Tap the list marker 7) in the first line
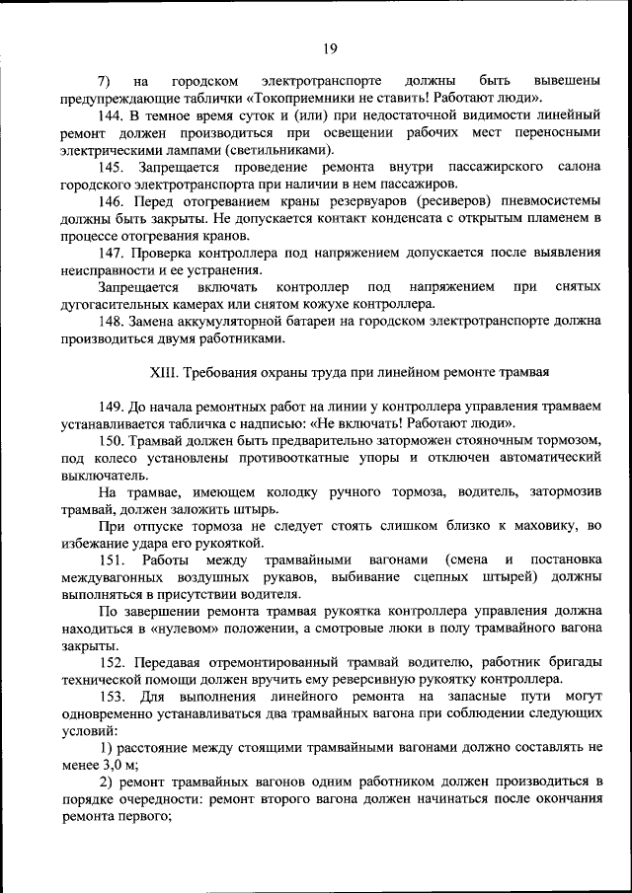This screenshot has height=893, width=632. click(104, 79)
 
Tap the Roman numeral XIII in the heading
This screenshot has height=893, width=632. click(162, 372)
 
